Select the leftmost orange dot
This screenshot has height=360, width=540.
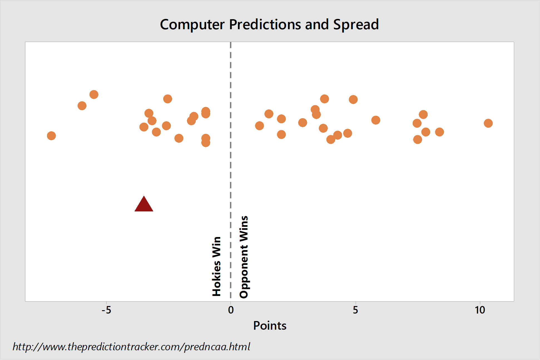51,136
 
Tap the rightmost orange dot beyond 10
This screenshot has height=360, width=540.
488,123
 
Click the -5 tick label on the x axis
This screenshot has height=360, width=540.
106,310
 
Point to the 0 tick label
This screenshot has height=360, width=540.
231,310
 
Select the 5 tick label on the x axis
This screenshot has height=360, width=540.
355,310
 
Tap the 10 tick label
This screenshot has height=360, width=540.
480,310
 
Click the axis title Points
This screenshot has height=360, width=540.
270,326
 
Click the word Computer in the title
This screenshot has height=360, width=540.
192,25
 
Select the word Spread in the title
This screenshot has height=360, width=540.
356,25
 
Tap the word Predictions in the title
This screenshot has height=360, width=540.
265,24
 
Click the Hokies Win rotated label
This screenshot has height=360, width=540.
217,266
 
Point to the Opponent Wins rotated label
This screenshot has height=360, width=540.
244,257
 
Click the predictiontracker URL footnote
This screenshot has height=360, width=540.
131,347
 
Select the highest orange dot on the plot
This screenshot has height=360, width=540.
94,95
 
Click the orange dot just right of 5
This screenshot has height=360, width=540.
376,120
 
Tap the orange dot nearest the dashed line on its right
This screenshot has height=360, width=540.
259,126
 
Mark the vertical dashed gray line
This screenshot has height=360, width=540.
231,171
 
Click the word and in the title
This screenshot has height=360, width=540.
317,24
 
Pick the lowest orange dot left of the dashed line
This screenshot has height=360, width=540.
206,143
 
